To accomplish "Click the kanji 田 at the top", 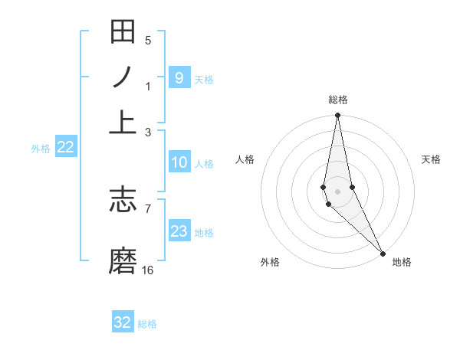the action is pyautogui.click(x=123, y=32).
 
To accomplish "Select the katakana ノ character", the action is pyautogui.click(x=123, y=77).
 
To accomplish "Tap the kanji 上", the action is pyautogui.click(x=123, y=121).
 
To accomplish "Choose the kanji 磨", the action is pyautogui.click(x=123, y=260).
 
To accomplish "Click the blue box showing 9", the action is pyautogui.click(x=179, y=77).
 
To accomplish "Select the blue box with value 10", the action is pyautogui.click(x=179, y=162).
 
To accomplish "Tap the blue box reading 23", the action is pyautogui.click(x=179, y=231).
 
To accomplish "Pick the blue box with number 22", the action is pyautogui.click(x=66, y=147).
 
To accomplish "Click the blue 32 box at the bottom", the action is pyautogui.click(x=123, y=322).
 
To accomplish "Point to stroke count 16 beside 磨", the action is pyautogui.click(x=148, y=270).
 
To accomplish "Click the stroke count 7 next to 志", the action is pyautogui.click(x=148, y=208).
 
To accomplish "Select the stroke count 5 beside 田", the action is pyautogui.click(x=148, y=41).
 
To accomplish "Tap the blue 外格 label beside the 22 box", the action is pyautogui.click(x=41, y=149).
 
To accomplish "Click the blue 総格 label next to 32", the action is pyautogui.click(x=147, y=324).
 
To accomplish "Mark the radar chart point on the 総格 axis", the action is pyautogui.click(x=337, y=116).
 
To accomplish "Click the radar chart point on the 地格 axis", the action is pyautogui.click(x=383, y=253).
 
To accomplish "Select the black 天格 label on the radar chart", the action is pyautogui.click(x=431, y=159).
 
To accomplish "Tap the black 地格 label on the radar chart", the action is pyautogui.click(x=402, y=262).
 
